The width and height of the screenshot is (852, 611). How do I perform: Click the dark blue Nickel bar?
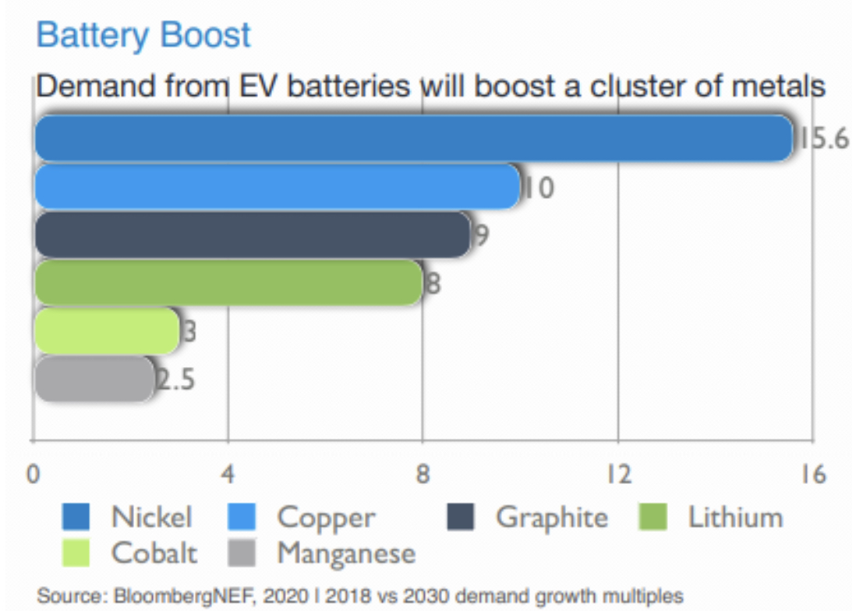click(x=413, y=139)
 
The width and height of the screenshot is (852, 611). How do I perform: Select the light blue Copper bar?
click(x=277, y=187)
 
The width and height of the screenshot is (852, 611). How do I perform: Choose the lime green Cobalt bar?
click(x=107, y=331)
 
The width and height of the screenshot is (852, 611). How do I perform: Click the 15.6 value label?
click(x=822, y=140)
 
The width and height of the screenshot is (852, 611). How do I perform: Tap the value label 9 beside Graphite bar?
click(x=481, y=235)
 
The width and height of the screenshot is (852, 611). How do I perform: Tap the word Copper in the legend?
click(x=326, y=517)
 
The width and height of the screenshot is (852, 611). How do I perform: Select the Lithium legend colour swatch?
click(x=652, y=517)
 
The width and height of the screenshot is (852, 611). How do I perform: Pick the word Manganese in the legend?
click(x=346, y=554)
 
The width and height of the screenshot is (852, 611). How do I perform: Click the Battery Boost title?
click(x=143, y=35)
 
